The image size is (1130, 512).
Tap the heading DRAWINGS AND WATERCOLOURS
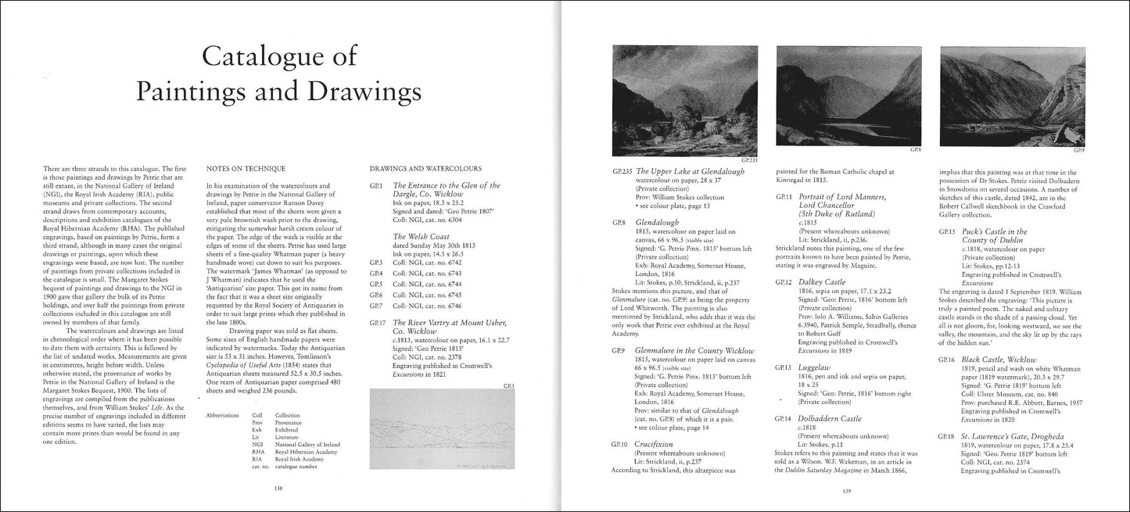click(425, 168)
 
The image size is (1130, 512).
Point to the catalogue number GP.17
click(376, 322)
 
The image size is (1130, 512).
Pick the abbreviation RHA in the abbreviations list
click(257, 451)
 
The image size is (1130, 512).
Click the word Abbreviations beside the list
click(222, 414)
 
